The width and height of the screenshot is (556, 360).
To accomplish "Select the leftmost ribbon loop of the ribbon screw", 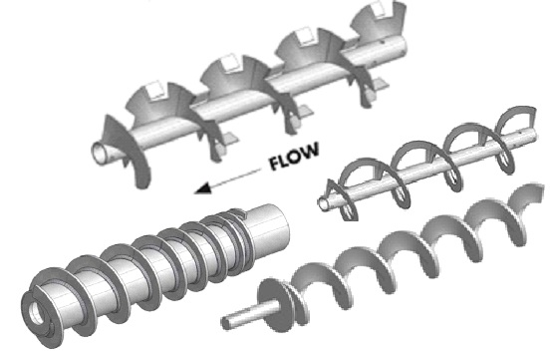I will pyautogui.click(x=348, y=185).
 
